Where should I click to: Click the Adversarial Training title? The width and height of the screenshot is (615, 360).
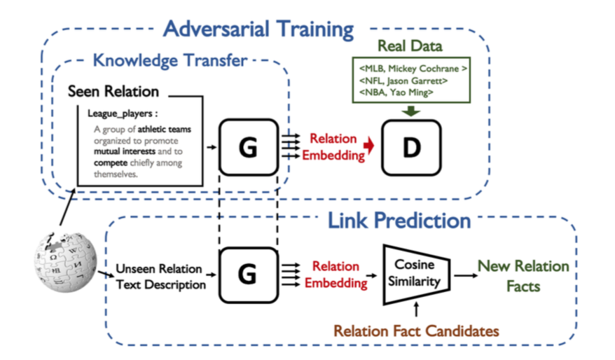coord(258,29)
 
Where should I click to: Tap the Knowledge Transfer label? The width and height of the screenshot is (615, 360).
coord(170,60)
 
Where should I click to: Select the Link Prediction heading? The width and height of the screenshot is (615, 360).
coord(399,221)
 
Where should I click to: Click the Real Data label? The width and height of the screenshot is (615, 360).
coord(410,46)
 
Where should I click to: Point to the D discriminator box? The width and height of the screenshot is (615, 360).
coord(411,148)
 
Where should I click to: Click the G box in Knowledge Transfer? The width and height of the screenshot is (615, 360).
coord(249,147)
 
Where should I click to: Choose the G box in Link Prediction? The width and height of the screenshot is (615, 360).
coord(249,275)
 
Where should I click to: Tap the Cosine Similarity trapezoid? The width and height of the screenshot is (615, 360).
coord(416,275)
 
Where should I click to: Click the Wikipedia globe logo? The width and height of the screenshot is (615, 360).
coord(65,262)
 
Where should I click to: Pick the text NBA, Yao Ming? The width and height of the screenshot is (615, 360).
coord(396,92)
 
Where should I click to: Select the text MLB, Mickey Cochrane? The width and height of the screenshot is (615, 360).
coord(413,69)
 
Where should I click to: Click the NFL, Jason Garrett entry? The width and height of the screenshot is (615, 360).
coord(403,81)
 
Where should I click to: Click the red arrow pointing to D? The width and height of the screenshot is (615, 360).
coord(368,146)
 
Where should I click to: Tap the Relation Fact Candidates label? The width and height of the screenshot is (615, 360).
coord(416,331)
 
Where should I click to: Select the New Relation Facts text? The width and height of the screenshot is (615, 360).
coord(523,276)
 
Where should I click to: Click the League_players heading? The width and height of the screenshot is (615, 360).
coord(123,113)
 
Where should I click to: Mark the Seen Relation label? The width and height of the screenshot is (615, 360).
coord(113,91)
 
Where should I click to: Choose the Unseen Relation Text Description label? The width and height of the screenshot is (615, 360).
coord(161,277)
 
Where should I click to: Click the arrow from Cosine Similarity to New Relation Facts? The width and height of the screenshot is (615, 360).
coord(466,275)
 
